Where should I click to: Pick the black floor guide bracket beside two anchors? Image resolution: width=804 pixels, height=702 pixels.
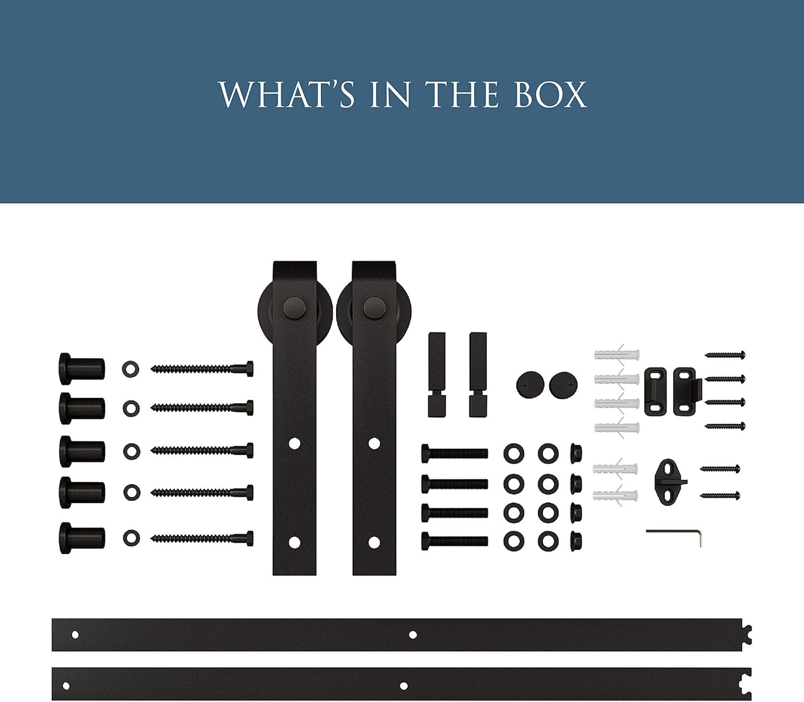pos(669,482)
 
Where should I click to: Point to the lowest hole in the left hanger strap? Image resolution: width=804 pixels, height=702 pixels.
pos(294,543)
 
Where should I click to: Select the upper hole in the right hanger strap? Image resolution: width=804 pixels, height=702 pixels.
pos(374,444)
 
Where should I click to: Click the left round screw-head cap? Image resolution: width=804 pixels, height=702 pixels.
pos(530,385)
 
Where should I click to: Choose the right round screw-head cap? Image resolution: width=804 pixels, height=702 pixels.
pos(564,385)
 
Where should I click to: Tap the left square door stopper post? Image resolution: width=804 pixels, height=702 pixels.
pos(437,375)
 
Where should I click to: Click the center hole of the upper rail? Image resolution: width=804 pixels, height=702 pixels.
pos(413,635)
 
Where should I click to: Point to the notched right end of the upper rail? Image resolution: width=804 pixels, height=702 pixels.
pos(747,635)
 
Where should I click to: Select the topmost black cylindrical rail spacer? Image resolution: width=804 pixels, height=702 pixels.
pos(82,369)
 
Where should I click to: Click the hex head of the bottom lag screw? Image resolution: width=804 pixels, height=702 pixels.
pos(249,538)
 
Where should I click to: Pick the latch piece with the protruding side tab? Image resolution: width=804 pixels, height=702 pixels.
pos(688,391)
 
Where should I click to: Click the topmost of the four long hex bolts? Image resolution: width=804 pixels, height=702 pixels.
pos(455,454)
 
